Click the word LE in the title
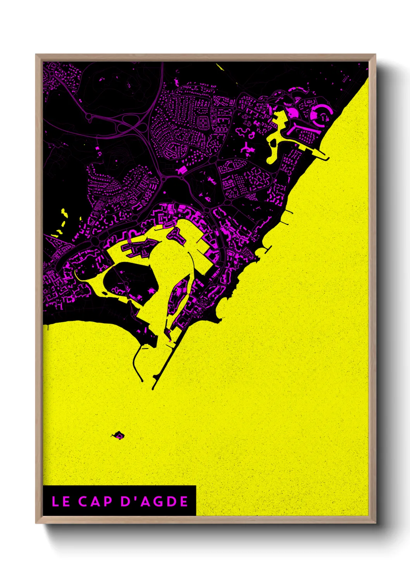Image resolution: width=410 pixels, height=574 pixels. (61, 501)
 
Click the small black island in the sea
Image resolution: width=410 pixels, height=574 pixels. (118, 436)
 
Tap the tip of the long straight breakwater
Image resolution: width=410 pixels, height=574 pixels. (153, 387)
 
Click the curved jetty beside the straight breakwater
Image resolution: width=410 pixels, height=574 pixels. (136, 365)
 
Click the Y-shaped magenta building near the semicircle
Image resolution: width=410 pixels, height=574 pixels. (246, 148)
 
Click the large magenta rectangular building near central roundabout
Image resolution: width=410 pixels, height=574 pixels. (181, 170)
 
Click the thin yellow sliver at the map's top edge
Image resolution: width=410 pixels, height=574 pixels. (221, 67)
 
